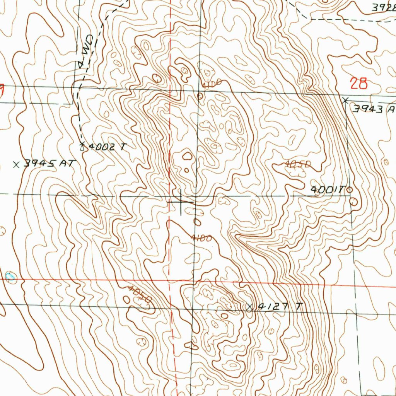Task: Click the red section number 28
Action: [358, 84]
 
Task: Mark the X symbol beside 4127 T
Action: [249, 307]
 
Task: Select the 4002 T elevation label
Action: [108, 147]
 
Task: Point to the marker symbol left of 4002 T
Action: [82, 146]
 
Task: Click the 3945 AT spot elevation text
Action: [48, 164]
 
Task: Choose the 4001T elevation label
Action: [327, 189]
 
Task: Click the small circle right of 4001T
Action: [350, 189]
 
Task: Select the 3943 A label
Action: [373, 109]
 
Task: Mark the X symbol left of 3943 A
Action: [345, 100]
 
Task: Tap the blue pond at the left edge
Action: [10, 276]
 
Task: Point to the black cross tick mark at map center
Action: [181, 202]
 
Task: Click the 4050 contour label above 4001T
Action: [298, 165]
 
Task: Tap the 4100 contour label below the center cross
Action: [201, 238]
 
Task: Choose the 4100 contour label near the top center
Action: [211, 83]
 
